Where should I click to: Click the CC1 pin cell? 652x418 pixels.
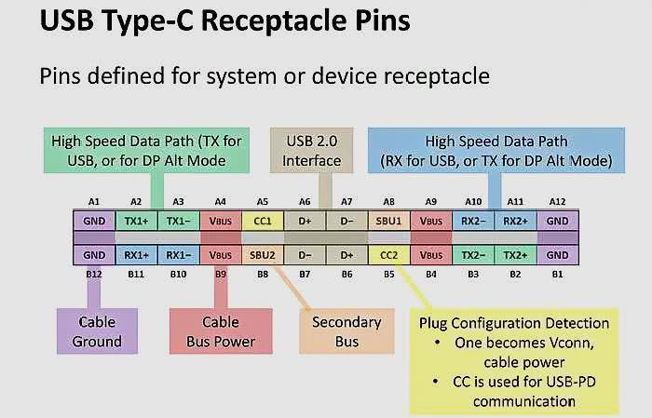point(263,222)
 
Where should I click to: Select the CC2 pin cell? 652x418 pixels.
point(388,253)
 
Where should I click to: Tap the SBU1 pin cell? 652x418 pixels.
point(388,222)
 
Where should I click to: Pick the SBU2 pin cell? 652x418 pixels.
point(263,253)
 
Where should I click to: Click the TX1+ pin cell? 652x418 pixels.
point(136,222)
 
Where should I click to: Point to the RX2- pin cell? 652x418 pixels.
point(473,222)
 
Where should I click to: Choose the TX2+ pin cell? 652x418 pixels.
point(514,253)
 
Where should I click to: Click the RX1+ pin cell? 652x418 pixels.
point(136,253)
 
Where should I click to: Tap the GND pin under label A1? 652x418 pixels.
point(94,222)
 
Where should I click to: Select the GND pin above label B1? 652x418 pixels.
point(557,253)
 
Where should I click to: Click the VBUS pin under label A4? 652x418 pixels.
point(221,222)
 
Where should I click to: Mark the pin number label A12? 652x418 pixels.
point(557,201)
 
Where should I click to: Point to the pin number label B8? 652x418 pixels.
point(263,275)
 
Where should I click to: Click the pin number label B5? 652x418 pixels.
point(388,275)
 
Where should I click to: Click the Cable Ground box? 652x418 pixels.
point(98,331)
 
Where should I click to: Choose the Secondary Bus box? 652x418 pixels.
point(346,331)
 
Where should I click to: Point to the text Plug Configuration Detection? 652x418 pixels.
point(515,323)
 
